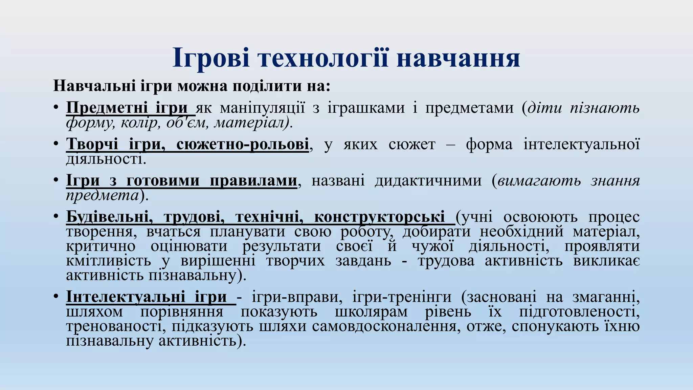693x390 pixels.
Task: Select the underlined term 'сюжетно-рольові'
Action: [x=242, y=144]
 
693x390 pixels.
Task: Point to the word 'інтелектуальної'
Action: [x=581, y=144]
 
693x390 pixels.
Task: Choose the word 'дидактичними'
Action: [x=428, y=180]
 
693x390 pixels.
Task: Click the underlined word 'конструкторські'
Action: [x=379, y=217]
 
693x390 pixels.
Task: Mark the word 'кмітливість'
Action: [x=109, y=261]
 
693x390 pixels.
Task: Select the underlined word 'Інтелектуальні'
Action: [x=126, y=297]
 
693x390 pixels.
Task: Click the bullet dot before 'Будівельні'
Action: [x=56, y=217]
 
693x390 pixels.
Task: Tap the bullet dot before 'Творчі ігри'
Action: [x=56, y=144]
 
